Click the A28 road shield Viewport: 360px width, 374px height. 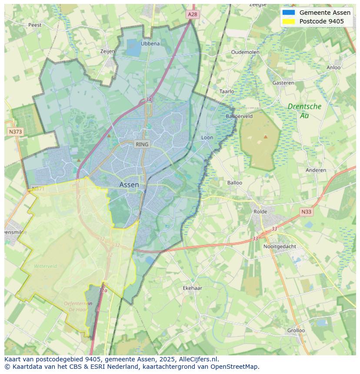[x=192, y=14]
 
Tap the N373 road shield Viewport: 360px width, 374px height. [x=15, y=131]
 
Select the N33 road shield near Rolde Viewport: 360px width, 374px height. [x=306, y=212]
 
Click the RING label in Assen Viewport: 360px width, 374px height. [x=142, y=144]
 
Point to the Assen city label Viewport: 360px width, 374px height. [x=129, y=185]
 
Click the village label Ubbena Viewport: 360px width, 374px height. [x=150, y=43]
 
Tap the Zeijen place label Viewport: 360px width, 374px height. [x=107, y=51]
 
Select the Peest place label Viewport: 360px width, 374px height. [x=35, y=25]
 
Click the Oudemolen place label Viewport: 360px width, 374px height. [x=245, y=52]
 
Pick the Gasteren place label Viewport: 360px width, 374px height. [x=283, y=83]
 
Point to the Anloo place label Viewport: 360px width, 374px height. [x=333, y=67]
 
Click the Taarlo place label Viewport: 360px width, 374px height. [x=227, y=91]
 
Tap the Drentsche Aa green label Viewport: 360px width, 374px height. [x=304, y=111]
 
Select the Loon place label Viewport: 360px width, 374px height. [x=207, y=138]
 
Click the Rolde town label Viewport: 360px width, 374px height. [x=260, y=212]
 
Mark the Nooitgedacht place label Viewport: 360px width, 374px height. [x=280, y=246]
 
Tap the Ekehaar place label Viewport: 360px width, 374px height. [x=192, y=288]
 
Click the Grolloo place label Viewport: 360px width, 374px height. [x=296, y=330]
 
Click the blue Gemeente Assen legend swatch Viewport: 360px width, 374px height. [x=288, y=13]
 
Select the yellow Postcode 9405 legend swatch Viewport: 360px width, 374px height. [x=288, y=21]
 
